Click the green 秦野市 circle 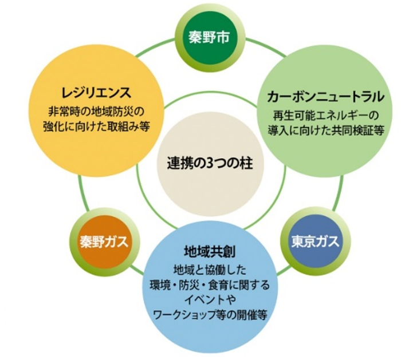(x=209, y=40)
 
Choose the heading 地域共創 (x=209, y=252)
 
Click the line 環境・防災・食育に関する (x=209, y=284)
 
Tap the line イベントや (x=209, y=299)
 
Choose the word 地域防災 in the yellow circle (x=107, y=110)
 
